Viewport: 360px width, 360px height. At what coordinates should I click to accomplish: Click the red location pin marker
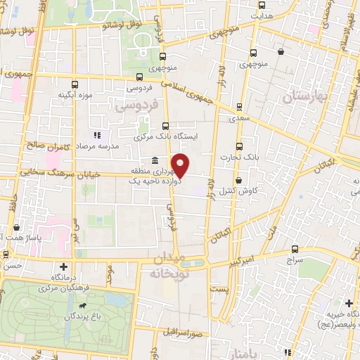pos(181,165)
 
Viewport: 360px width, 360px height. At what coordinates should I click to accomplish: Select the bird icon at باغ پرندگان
pos(82,307)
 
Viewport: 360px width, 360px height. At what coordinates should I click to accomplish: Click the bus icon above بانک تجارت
pos(240,147)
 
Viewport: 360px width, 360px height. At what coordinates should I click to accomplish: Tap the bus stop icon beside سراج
pos(294,249)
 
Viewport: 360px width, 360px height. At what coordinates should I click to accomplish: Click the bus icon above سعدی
pos(240,107)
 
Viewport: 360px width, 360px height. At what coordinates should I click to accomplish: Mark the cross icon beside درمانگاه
pos(64,266)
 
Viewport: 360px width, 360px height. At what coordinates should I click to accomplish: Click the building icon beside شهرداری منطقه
pos(154,160)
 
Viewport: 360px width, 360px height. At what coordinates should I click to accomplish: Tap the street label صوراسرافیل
pos(186,333)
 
